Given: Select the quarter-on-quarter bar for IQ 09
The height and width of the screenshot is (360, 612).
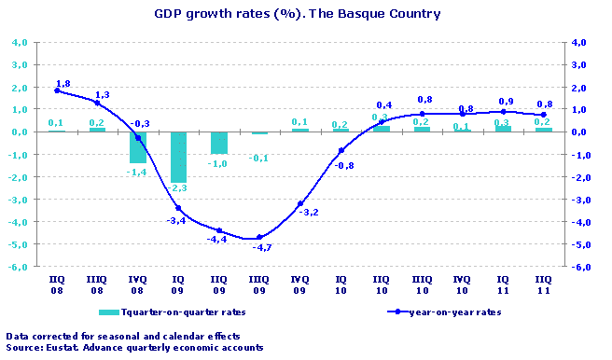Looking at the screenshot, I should (178, 157).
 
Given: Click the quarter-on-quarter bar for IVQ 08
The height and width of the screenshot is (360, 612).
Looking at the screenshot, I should (138, 147).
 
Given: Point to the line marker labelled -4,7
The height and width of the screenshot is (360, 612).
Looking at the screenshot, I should (259, 237).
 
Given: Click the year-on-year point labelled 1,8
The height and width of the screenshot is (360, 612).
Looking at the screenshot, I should (57, 90).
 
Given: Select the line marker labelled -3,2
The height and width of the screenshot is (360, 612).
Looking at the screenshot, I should (299, 203).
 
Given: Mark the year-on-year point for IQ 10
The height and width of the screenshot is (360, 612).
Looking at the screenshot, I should (341, 150).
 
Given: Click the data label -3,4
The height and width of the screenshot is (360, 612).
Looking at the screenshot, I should (174, 221).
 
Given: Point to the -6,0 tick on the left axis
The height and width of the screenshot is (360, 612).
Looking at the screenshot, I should (19, 267).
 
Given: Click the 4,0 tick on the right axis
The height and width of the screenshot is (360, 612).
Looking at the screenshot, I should (579, 43).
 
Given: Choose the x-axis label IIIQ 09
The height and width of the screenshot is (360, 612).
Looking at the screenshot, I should (259, 284).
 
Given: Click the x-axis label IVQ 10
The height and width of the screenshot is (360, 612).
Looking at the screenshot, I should (462, 284).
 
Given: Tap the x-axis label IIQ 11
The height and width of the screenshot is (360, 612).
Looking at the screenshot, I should (543, 284).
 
